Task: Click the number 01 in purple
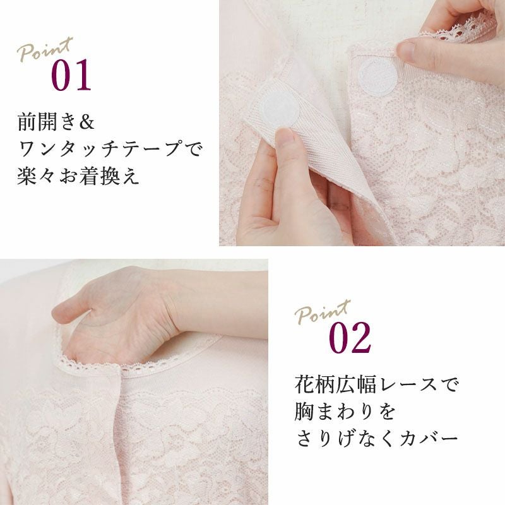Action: click(x=71, y=74)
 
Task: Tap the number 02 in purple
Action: click(x=350, y=338)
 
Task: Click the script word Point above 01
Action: click(x=45, y=49)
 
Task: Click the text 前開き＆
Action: click(x=56, y=122)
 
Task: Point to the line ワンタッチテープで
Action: click(x=110, y=149)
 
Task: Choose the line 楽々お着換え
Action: click(x=78, y=176)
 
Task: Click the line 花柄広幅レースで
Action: click(x=376, y=384)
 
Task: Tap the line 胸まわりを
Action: click(x=345, y=412)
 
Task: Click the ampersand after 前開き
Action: click(x=86, y=122)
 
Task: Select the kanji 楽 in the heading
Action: click(x=27, y=176)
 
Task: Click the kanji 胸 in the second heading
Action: click(x=304, y=412)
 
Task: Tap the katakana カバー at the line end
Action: click(x=429, y=439)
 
